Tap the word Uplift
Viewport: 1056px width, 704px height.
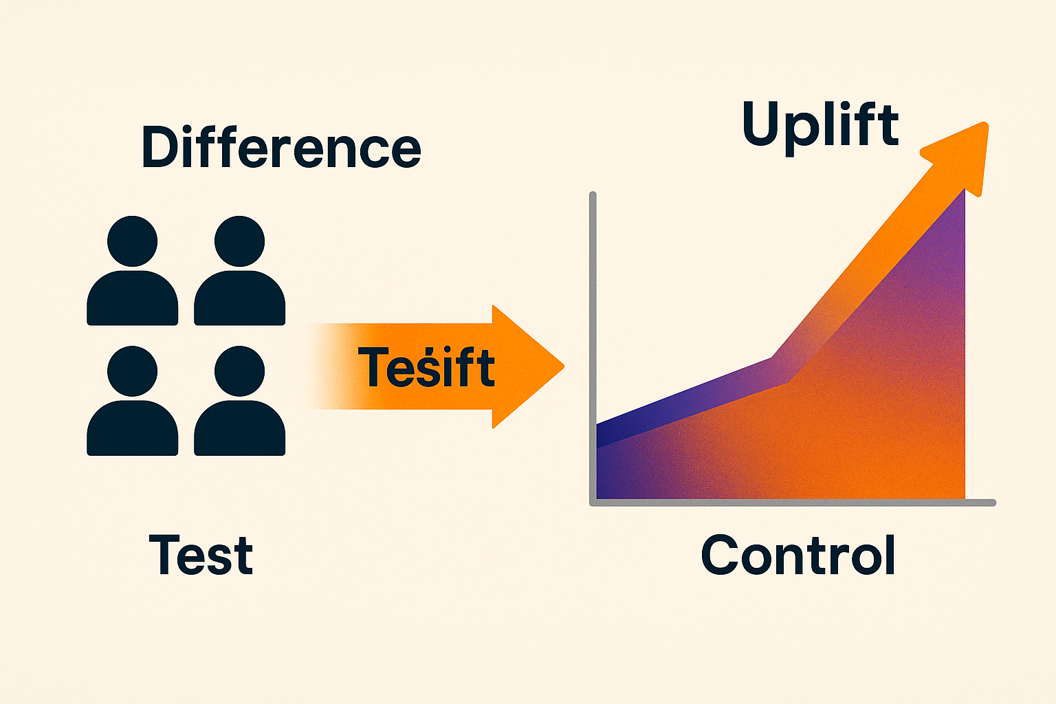[x=820, y=124]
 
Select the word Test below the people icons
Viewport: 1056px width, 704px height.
[x=201, y=555]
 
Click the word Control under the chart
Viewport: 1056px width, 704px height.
[x=798, y=555]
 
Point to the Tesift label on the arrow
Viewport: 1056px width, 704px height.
[x=426, y=367]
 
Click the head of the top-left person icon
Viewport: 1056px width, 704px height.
[x=133, y=241]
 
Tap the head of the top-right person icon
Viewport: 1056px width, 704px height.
[x=239, y=241]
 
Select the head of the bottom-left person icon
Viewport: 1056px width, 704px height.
[x=133, y=371]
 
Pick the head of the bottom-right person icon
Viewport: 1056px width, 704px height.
[x=239, y=371]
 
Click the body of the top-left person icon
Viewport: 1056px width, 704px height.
[x=133, y=300]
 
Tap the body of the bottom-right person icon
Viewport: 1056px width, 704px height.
[x=239, y=430]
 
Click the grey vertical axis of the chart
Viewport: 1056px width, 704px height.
[x=593, y=309]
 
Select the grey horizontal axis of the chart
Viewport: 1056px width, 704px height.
[x=791, y=503]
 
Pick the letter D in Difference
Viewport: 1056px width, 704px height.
[x=160, y=148]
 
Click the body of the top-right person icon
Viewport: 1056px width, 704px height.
[x=239, y=300]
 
